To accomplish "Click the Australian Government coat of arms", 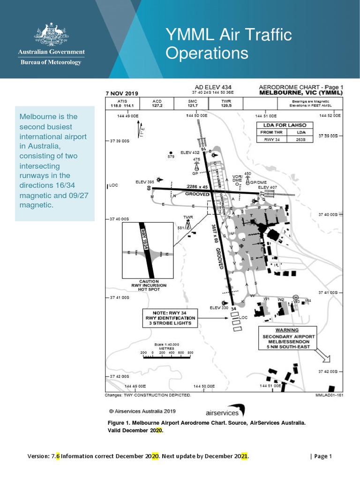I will pos(52,35).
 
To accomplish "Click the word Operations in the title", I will pos(207,53).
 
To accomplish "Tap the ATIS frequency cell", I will pos(122,104).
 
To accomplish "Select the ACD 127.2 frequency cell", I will pos(157,104).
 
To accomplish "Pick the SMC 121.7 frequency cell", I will pos(193,104).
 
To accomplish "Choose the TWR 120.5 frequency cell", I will pos(226,104).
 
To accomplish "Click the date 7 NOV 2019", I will pos(122,93).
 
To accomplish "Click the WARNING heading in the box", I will pos(286,330).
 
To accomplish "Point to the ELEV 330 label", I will pos(219,307).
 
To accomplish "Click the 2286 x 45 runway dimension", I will pos(197,186).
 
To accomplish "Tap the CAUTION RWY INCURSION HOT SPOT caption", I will pos(149,285).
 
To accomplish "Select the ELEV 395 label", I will pos(145,182).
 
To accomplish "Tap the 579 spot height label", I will pos(171,157).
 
